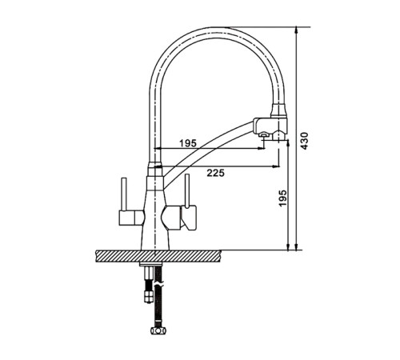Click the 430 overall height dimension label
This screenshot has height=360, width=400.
304,141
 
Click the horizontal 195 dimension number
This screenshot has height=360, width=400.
188,143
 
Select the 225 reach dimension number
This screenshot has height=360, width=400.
216,173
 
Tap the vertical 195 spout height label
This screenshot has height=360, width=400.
282,198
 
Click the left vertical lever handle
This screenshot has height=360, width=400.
124,194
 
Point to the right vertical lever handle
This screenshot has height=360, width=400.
187,190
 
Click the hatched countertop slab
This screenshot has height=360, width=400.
158,256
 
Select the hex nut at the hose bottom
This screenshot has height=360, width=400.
158,330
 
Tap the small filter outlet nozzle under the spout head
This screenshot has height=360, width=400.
264,135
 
